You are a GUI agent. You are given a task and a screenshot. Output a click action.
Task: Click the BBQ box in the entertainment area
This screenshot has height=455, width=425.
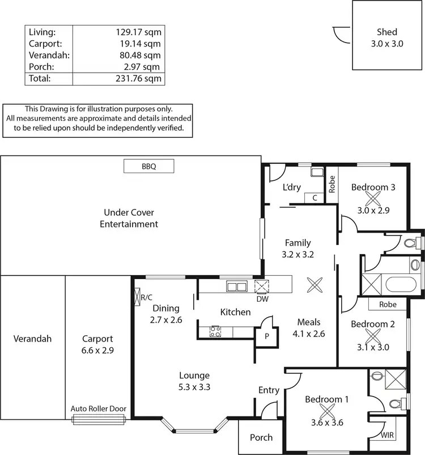tap(148, 166)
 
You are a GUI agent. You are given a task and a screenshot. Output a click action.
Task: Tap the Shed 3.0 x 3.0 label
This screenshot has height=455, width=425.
tap(386, 37)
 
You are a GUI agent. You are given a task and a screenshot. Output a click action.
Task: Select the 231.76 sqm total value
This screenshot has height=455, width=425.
tap(138, 79)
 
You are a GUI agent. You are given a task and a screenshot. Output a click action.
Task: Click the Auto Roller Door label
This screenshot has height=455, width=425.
tap(99, 408)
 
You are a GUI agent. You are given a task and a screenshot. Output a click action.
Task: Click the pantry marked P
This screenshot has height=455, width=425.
tap(266, 335)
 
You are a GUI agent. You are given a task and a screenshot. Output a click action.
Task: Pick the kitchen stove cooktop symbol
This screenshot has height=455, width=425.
tap(215, 331)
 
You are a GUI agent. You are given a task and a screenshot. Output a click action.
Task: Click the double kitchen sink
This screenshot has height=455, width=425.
tap(235, 287)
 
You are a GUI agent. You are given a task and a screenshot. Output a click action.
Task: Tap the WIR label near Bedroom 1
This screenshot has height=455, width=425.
tap(387, 435)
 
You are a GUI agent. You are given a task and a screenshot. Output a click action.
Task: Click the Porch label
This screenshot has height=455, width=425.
tap(261, 437)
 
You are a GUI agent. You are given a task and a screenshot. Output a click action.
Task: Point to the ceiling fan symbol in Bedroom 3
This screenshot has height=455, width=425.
tap(373, 199)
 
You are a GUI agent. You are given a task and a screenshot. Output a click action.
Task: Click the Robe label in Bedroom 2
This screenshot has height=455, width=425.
tap(388, 305)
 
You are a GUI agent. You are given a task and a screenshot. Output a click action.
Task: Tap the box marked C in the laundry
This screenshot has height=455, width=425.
tap(314, 197)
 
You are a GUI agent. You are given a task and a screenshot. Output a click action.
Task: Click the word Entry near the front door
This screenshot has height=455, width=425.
tap(269, 390)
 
